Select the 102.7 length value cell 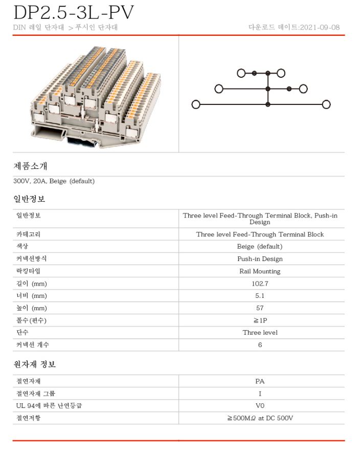tap(260, 284)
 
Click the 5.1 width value tap(260, 296)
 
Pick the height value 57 tap(260, 308)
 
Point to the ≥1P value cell tap(260, 320)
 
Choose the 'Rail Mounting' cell tap(260, 271)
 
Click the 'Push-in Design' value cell tap(260, 259)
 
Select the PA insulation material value tap(260, 381)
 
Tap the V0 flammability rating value tap(260, 406)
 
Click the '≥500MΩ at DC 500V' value tap(260, 418)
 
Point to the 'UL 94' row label tap(49, 406)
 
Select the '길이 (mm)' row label tap(32, 284)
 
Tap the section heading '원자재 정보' tap(34, 364)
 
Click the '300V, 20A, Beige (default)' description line tap(54, 181)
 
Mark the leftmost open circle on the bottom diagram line tap(195, 105)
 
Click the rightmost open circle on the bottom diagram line tap(326, 105)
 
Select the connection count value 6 tap(260, 345)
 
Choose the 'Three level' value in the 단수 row tap(260, 333)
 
